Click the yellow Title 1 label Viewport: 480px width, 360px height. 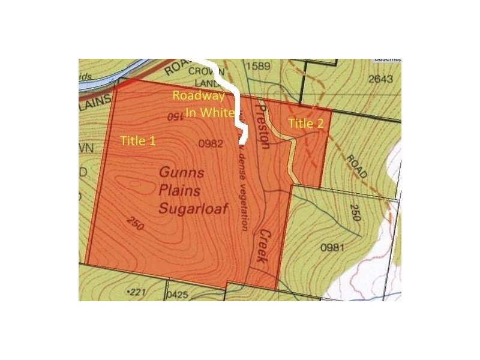138,141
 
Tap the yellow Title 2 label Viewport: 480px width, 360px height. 306,124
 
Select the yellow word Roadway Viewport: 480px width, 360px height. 198,95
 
